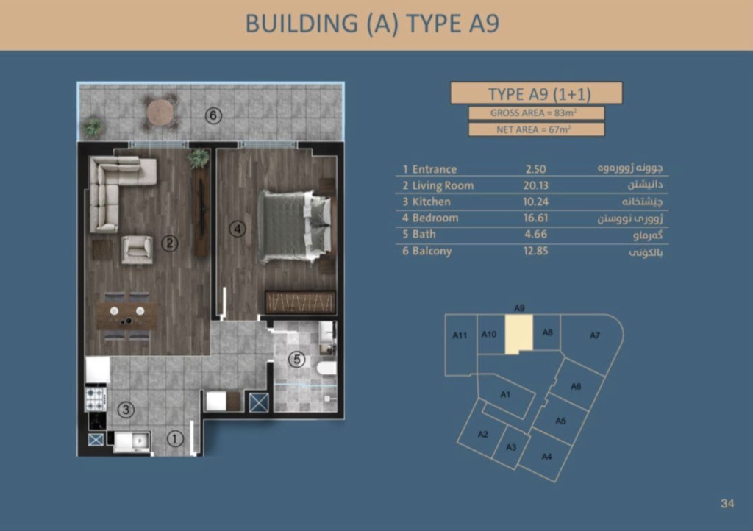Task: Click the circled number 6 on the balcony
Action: pos(214,115)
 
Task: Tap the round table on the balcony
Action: pos(160,113)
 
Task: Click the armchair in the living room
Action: pos(138,249)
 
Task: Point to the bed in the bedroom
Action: pos(295,227)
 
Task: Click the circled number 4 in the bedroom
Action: pos(238,229)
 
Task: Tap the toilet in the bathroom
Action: pos(327,370)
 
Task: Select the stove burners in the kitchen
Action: pos(96,399)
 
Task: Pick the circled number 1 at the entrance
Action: pos(175,438)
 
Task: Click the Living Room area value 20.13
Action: pos(536,185)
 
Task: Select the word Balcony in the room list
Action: pos(432,251)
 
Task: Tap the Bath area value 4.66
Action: pos(536,235)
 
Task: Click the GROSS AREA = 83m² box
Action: pos(536,113)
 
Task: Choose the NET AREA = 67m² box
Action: pos(536,129)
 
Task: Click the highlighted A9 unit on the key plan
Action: pos(518,334)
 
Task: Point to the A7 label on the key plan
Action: pos(595,335)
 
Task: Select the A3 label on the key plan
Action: pos(512,447)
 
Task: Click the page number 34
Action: pos(727,503)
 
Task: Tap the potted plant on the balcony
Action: pos(92,128)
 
